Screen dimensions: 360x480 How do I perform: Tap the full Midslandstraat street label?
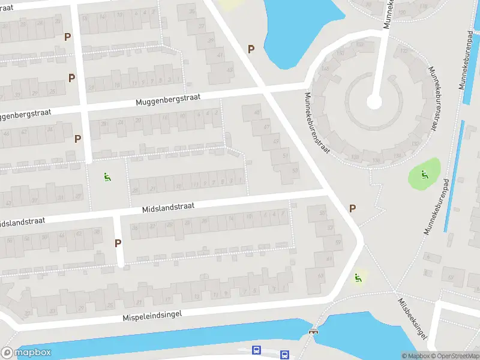point(169,207)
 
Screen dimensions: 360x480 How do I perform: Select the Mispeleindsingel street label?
point(152,314)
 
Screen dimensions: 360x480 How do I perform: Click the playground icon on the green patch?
point(424,175)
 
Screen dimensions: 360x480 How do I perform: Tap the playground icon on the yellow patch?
point(358,277)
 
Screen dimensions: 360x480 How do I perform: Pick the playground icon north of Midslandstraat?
point(107,176)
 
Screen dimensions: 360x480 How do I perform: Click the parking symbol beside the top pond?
point(251,49)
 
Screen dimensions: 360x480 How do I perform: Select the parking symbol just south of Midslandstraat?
point(118,244)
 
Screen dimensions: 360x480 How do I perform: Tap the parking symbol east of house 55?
point(353,208)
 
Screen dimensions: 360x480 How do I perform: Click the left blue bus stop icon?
point(257,349)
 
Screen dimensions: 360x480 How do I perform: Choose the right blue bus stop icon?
point(284,355)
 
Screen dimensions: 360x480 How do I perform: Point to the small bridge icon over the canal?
point(313,331)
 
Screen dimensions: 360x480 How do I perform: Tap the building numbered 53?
point(294,170)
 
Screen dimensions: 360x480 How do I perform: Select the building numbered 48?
point(257,113)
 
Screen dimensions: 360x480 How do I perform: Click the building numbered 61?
point(328,259)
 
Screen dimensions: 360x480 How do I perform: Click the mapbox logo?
point(26,353)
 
